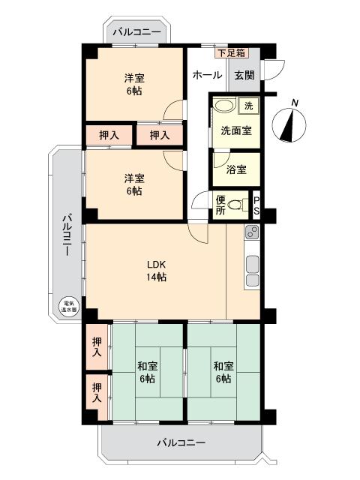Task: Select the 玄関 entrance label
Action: click(x=244, y=75)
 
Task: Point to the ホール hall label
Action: click(x=207, y=75)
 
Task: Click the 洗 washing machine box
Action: click(x=250, y=106)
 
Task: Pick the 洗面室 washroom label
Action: click(x=235, y=130)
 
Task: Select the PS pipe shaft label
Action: click(x=256, y=205)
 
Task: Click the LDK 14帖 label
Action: click(x=156, y=271)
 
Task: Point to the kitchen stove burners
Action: click(x=252, y=235)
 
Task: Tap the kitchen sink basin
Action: click(x=252, y=263)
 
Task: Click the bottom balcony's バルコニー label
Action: click(x=181, y=443)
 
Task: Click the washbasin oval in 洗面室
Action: click(x=223, y=106)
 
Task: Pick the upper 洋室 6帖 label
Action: click(x=134, y=84)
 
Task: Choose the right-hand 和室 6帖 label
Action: click(x=223, y=372)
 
